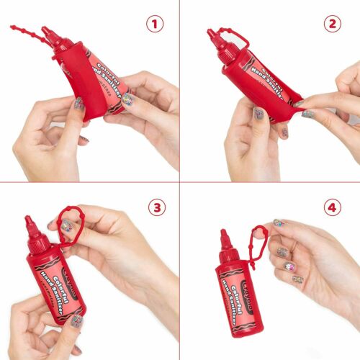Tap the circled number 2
[x=333, y=24]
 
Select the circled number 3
[x=156, y=207]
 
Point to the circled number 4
[x=333, y=207]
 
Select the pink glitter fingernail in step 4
[x=290, y=267]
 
